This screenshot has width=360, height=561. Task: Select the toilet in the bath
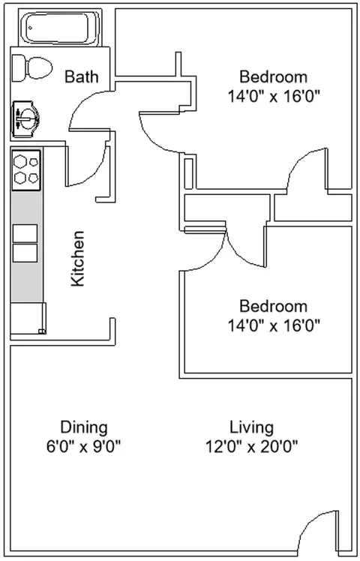pos(32,68)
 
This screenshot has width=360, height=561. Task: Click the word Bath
pos(79,76)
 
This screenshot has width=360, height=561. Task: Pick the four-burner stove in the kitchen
pos(26,169)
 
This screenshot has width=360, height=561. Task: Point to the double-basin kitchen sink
pos(25,243)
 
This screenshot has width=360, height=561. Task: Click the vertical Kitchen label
pos(78,259)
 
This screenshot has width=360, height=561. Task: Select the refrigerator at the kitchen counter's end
pos(28,317)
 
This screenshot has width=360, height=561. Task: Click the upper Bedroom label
pos(273,76)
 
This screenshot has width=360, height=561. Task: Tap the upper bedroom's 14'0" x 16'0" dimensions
pos(273,96)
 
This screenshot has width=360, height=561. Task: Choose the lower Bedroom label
pos(273,306)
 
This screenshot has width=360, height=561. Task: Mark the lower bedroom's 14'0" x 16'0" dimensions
pos(273,325)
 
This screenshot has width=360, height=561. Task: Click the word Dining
pos(84,427)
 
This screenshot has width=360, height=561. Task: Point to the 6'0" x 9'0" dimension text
pos(84,447)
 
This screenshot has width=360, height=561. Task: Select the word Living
pos(251,427)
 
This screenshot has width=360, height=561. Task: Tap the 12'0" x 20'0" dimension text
pos(251,447)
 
